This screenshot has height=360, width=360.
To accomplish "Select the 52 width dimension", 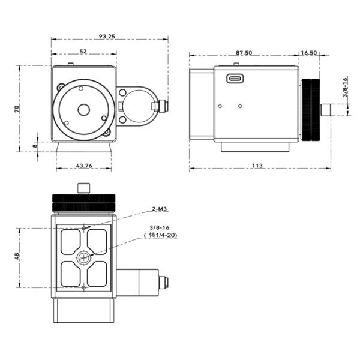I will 83,52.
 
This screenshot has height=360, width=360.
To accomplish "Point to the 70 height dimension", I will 17,108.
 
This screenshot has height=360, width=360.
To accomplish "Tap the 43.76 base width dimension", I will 84,166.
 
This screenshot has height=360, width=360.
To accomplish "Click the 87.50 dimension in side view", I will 244,53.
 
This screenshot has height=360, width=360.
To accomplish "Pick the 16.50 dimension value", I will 309,53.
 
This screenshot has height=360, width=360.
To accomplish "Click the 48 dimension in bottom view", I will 17,256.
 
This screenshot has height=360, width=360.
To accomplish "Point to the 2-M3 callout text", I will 159,209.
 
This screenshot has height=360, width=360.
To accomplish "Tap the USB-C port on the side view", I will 235,78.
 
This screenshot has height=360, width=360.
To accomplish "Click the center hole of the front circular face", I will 83,110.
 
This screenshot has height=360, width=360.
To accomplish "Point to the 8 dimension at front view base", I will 35,145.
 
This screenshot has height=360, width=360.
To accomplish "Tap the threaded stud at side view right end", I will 327,110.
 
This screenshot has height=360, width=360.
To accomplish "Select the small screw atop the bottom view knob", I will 83,188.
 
